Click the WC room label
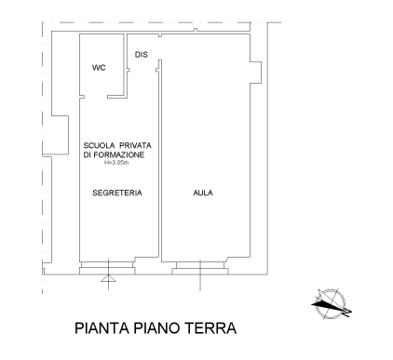pos(99,67)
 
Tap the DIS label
pos(142,55)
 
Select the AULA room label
pos(203,193)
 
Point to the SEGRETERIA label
pos(117,193)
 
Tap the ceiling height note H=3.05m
pos(116,163)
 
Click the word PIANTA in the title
pos(102,328)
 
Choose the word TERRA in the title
pos(210,328)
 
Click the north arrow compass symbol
pos(332,304)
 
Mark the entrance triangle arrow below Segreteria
pos(108,278)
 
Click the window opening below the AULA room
pos(200,268)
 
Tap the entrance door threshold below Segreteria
pos(107,268)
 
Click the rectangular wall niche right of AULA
pos(256,73)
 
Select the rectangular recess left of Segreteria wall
pos(60,135)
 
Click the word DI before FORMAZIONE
pos(88,154)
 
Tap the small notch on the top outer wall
pos(196,30)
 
